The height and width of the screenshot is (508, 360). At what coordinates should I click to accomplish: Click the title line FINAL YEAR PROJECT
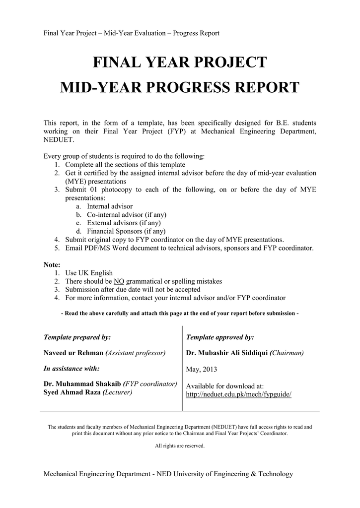point(180,63)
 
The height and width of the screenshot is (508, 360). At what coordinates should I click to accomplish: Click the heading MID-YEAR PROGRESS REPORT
point(180,88)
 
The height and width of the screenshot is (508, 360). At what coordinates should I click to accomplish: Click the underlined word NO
point(119,281)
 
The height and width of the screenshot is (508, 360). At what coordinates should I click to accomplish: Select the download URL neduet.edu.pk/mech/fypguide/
point(238,394)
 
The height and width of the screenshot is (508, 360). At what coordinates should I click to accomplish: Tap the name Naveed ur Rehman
point(74,353)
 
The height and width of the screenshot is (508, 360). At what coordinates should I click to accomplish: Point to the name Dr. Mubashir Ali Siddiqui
point(227,353)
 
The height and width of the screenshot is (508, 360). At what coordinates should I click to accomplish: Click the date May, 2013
point(202,370)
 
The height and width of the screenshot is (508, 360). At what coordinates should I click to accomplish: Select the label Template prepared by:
point(77,337)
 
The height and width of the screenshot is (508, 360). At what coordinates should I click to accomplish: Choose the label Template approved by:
point(220,337)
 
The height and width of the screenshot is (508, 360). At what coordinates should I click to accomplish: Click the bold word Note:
point(52,265)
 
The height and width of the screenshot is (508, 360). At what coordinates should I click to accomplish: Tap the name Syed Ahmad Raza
point(72,392)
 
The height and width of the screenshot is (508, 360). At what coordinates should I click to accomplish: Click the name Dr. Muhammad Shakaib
point(82,384)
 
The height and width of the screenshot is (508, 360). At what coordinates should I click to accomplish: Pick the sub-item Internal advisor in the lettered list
point(110,206)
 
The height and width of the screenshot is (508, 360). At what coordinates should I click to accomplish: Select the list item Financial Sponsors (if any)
point(126,231)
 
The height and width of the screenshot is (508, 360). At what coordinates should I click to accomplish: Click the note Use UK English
point(89,273)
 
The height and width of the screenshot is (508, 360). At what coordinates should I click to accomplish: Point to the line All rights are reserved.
point(180,446)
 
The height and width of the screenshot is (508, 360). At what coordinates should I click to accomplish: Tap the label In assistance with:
point(72,369)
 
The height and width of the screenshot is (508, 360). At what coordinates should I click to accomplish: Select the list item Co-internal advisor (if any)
point(127,215)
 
